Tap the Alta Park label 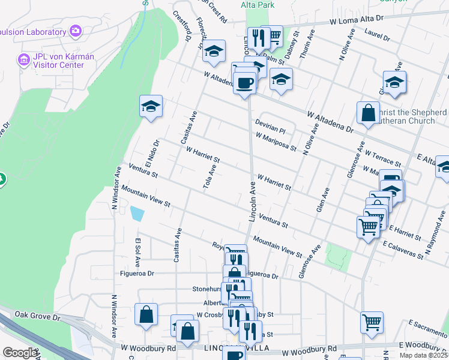pos(257,5)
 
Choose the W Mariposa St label pos(276,142)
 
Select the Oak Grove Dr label pos(38,315)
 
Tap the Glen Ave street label pos(323,201)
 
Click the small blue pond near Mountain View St pos(136,214)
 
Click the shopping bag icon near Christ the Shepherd pos(367,112)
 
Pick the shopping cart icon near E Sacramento pos(372,322)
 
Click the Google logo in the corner pos(19,353)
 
